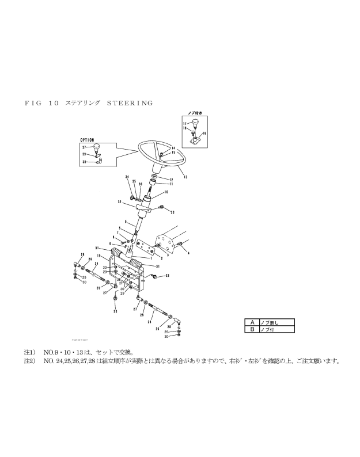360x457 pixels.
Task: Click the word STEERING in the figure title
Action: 130,103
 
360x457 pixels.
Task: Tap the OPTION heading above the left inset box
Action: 87,139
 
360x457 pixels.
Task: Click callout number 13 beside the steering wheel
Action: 185,177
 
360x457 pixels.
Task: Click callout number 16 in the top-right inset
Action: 204,133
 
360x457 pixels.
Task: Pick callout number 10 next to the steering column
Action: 166,192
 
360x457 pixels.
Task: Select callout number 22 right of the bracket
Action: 167,276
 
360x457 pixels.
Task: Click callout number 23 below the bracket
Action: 115,311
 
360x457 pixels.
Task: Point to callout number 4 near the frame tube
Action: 188,253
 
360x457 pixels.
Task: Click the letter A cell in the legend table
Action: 252,322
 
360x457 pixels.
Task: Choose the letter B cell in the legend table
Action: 252,329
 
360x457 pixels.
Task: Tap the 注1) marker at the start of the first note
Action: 29,351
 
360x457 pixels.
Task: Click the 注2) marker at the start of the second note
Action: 29,361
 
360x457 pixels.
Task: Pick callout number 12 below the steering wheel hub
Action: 171,180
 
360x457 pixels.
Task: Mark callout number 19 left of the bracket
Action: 99,256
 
